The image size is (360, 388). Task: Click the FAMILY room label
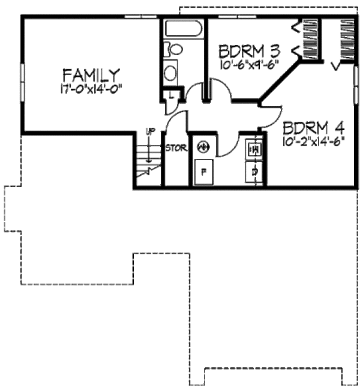(91, 76)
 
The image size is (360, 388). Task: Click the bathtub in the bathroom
(182, 30)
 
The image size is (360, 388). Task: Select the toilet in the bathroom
(174, 49)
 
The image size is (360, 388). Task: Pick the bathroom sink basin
(172, 73)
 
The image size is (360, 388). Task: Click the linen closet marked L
(172, 96)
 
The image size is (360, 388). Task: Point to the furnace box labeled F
(203, 172)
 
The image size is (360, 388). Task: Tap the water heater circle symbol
(203, 146)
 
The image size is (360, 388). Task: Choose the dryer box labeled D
(254, 172)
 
